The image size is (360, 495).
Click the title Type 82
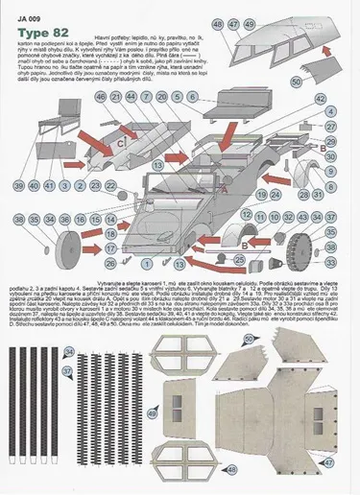point(40,32)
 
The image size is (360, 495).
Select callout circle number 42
point(322,100)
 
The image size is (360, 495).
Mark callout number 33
point(330,261)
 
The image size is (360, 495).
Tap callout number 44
point(146,96)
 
